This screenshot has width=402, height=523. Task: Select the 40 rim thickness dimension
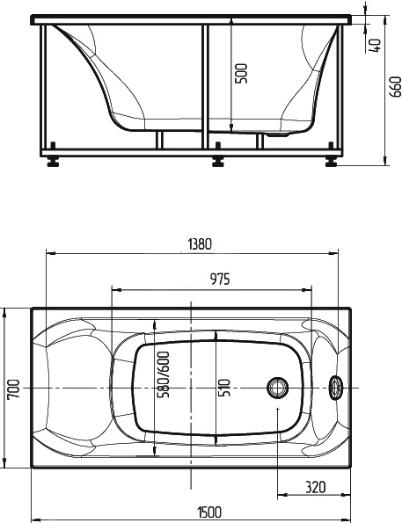pyautogui.click(x=376, y=45)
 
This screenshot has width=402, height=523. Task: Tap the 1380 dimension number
pyautogui.click(x=199, y=244)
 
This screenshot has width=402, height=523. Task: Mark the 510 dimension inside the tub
pyautogui.click(x=224, y=387)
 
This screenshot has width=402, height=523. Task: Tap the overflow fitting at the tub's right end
pyautogui.click(x=335, y=388)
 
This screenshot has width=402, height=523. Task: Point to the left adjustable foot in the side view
pyautogui.click(x=54, y=162)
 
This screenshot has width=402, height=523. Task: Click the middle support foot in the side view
pyautogui.click(x=217, y=162)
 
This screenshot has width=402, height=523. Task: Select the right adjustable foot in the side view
pyautogui.click(x=332, y=162)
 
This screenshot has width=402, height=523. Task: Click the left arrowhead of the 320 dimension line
pyautogui.click(x=281, y=494)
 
